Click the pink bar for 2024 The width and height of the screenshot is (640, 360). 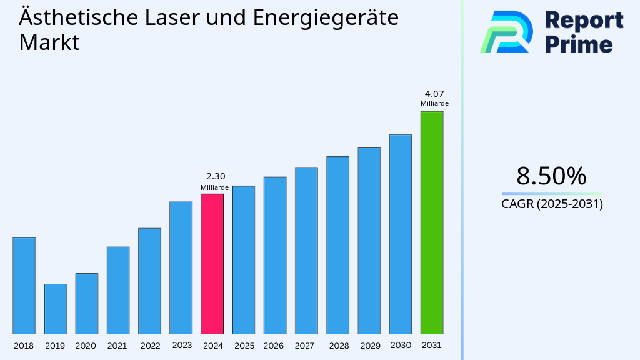point(212,264)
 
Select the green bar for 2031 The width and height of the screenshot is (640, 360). point(431,222)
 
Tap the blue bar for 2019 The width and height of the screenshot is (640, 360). point(55,309)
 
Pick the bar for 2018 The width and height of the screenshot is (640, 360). point(24,286)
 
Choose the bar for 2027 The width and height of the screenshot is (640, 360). point(306,250)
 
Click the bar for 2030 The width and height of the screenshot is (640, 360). point(400,234)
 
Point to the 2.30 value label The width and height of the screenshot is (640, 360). point(215,177)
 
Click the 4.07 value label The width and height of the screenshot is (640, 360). point(434,94)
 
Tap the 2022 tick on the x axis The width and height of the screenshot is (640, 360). point(150,346)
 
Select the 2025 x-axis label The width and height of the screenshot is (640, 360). point(244,346)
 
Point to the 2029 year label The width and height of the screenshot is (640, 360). point(369,346)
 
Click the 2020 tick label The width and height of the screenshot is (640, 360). point(86,346)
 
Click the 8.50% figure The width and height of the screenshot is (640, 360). point(551,176)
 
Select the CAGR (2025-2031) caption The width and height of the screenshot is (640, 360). point(552,204)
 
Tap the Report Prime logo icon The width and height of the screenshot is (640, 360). point(506,31)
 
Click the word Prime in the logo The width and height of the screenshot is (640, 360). point(578,44)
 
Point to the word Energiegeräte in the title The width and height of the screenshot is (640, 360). point(326,17)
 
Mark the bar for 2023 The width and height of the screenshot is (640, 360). point(181,267)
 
